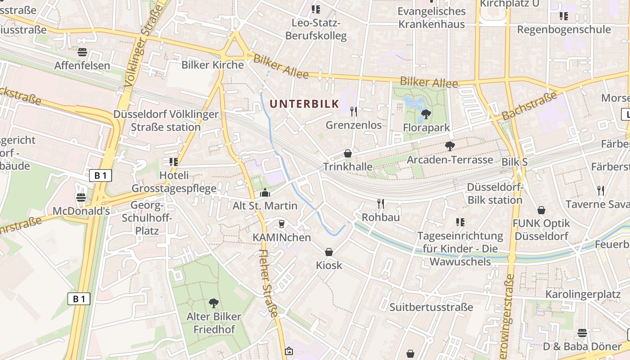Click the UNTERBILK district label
304,104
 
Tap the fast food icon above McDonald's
81,197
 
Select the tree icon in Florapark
425,114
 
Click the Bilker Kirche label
212,65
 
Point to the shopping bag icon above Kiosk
329,252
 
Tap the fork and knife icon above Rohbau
381,204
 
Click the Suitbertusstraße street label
431,307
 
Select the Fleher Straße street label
269,283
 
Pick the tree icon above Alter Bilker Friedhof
214,303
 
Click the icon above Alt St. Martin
265,193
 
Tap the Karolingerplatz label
583,294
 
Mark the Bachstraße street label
529,106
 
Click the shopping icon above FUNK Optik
541,210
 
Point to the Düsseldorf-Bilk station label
495,193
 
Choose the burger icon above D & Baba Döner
582,333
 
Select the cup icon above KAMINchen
282,224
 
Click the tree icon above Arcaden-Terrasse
449,146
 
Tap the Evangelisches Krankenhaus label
432,18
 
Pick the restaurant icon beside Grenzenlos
354,111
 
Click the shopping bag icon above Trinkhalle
348,153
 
